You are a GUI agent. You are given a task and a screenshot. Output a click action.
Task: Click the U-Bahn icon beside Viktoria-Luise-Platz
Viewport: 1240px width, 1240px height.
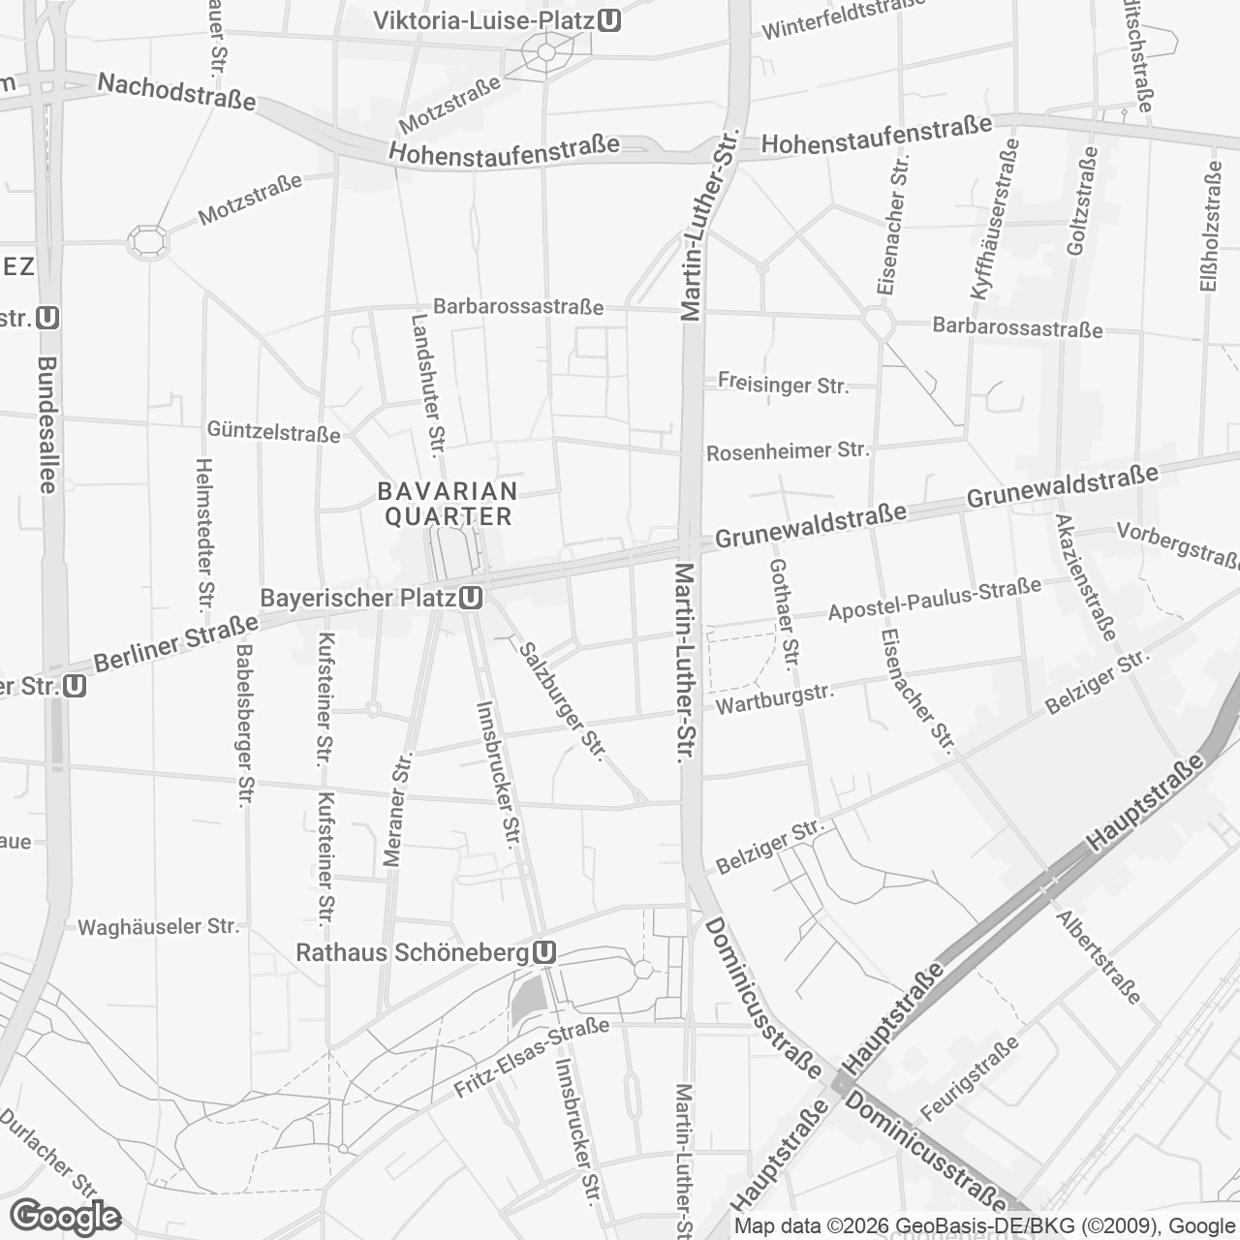pyautogui.click(x=609, y=20)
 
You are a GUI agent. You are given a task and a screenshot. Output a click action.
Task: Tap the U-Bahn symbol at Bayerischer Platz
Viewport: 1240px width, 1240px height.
pyautogui.click(x=472, y=598)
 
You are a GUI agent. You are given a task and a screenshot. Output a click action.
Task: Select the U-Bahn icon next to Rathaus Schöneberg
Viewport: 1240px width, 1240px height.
pyautogui.click(x=544, y=953)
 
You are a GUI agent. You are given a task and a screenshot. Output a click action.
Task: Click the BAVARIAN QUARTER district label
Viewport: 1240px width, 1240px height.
pyautogui.click(x=448, y=504)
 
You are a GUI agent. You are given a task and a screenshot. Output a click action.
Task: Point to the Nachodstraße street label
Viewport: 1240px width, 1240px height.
pyautogui.click(x=176, y=92)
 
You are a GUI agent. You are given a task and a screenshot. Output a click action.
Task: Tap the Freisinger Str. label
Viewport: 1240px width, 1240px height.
pyautogui.click(x=783, y=384)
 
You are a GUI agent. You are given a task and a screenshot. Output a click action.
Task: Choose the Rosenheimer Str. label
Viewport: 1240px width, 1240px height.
pyautogui.click(x=788, y=450)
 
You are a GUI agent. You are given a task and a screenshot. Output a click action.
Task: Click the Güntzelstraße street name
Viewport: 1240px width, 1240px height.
pyautogui.click(x=273, y=432)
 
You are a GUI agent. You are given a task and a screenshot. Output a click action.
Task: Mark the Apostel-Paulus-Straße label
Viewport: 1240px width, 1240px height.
pyautogui.click(x=934, y=600)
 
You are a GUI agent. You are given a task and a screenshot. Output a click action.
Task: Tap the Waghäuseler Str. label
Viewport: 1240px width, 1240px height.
pyautogui.click(x=158, y=926)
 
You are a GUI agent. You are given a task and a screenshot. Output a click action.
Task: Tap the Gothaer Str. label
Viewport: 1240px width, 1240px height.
pyautogui.click(x=783, y=616)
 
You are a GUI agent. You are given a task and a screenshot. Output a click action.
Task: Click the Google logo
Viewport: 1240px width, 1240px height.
pyautogui.click(x=66, y=1217)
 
